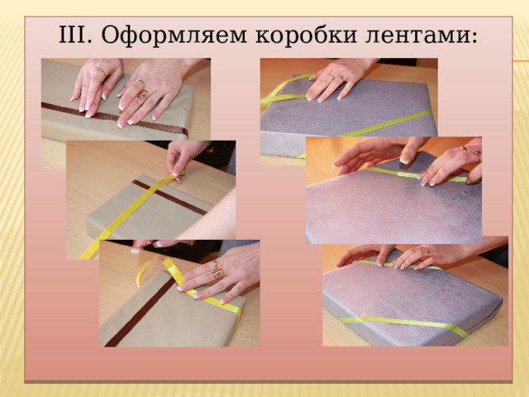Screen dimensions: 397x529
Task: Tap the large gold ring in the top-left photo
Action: (142, 93)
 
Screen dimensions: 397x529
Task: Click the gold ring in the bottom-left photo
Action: (217, 271)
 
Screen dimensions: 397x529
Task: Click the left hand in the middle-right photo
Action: (372, 153)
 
